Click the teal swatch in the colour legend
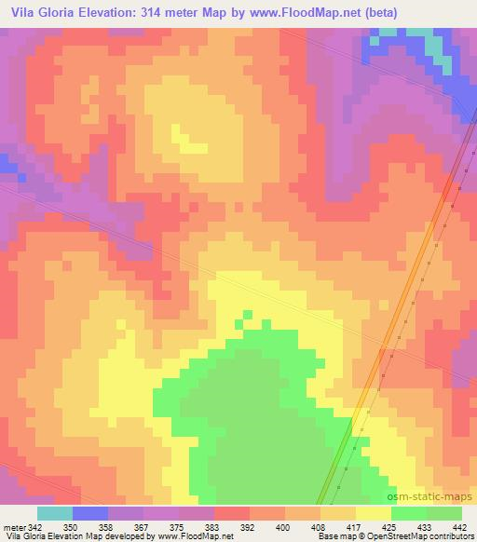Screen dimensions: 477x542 [54, 513]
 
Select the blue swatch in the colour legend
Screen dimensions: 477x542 [89, 513]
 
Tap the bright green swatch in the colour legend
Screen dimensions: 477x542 [408, 513]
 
